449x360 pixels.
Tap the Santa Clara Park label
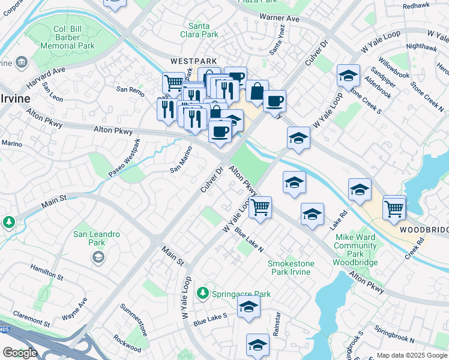click(x=203, y=30)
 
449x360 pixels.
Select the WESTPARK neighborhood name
click(x=193, y=61)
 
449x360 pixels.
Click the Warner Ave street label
click(x=279, y=19)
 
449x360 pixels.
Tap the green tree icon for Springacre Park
click(x=204, y=292)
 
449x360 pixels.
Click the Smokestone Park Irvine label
click(x=289, y=268)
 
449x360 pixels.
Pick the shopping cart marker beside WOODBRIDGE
click(x=394, y=208)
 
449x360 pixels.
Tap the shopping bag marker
click(x=257, y=92)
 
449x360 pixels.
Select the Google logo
click(x=20, y=353)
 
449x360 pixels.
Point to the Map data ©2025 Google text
click(x=412, y=355)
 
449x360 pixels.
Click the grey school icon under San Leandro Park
click(x=97, y=257)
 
